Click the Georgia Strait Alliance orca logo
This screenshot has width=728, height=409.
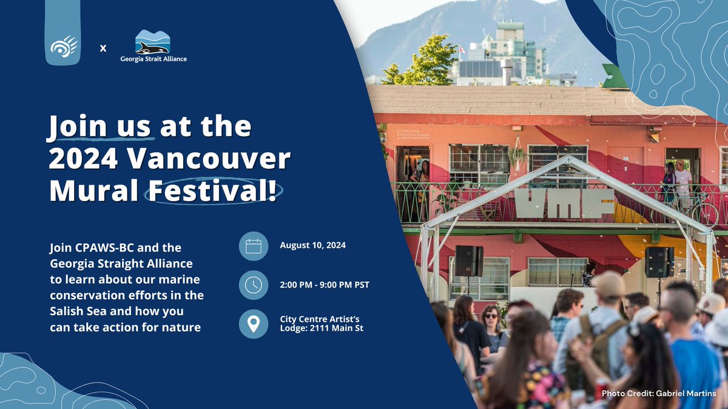pyautogui.click(x=152, y=42)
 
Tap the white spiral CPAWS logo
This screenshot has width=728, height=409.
pyautogui.click(x=64, y=47)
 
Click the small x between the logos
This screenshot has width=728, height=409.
pyautogui.click(x=103, y=47)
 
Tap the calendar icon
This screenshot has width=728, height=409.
pyautogui.click(x=254, y=246)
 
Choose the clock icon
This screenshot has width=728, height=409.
pyautogui.click(x=254, y=285)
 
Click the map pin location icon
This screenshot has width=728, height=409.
pyautogui.click(x=254, y=324)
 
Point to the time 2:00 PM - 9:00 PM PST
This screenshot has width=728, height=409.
pyautogui.click(x=325, y=285)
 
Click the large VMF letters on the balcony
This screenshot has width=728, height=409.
pyautogui.click(x=564, y=203)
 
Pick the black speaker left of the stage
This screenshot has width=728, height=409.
pyautogui.click(x=469, y=261)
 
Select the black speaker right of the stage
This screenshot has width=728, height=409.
pyautogui.click(x=659, y=262)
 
